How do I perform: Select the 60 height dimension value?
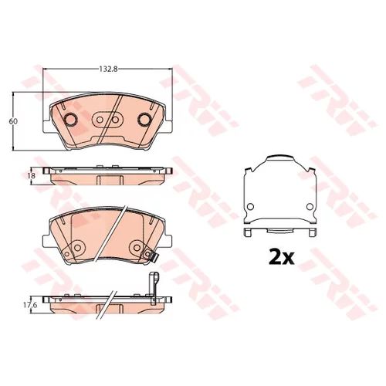point(13,121)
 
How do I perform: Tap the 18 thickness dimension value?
point(32,175)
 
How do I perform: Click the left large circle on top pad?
point(70,119)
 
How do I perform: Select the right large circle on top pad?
point(145,119)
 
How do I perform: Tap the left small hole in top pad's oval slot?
point(100,120)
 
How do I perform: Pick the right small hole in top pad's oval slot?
point(115,120)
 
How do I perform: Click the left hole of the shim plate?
point(250,206)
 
